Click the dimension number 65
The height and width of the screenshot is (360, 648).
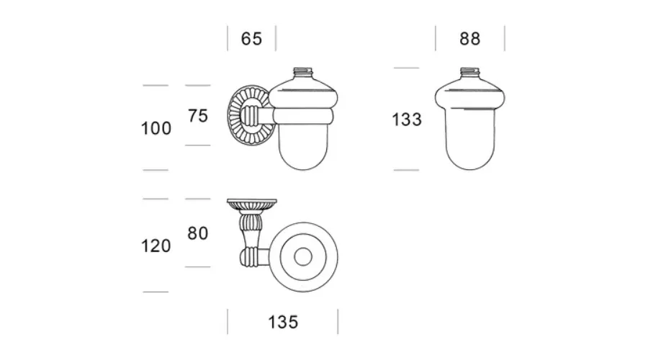pos(251,39)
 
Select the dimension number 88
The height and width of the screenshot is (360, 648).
pos(470,39)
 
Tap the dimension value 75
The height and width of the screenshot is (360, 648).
pos(198,116)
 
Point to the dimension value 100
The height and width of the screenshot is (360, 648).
pos(156,129)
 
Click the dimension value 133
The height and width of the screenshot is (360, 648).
pos(407,120)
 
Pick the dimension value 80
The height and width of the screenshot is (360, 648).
pos(197,233)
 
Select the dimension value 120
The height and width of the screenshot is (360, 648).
pos(156,246)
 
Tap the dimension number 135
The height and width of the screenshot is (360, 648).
pos(283,323)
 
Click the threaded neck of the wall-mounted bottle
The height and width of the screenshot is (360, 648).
pos(303,72)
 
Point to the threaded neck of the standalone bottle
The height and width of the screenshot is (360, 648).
pos(470,72)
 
